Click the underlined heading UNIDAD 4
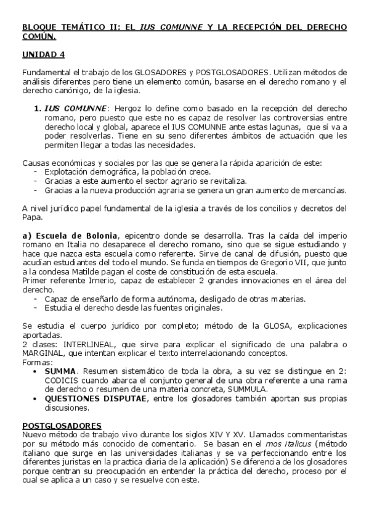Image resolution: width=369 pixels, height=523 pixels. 43,55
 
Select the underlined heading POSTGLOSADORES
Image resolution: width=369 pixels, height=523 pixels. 62,426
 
